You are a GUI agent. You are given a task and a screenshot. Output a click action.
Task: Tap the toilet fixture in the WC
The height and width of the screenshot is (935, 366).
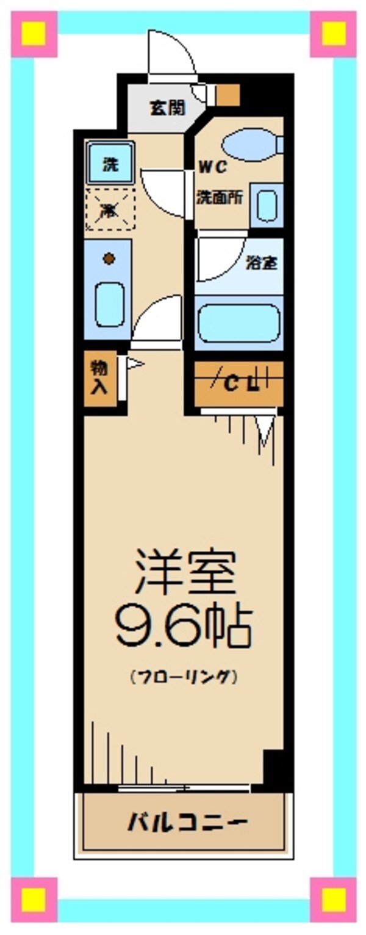(252, 146)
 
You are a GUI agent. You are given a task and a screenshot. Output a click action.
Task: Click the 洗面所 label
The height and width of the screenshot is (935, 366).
(220, 198)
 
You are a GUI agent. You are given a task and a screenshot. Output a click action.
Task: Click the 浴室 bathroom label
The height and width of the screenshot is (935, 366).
(262, 263)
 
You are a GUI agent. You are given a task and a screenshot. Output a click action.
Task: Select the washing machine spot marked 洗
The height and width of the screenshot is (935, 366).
(110, 163)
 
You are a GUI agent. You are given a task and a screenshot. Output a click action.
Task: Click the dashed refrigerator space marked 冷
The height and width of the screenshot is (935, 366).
(110, 210)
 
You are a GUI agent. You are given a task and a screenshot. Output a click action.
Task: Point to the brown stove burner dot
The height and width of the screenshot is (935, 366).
(109, 259)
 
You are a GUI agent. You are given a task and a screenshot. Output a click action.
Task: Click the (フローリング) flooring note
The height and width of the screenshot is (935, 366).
(183, 677)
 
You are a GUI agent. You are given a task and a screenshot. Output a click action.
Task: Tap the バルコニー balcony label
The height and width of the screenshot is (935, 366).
(187, 821)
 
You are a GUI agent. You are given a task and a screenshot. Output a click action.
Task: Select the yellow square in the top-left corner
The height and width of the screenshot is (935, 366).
(34, 34)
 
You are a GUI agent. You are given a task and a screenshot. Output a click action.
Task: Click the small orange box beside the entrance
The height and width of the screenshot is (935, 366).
(228, 94)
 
